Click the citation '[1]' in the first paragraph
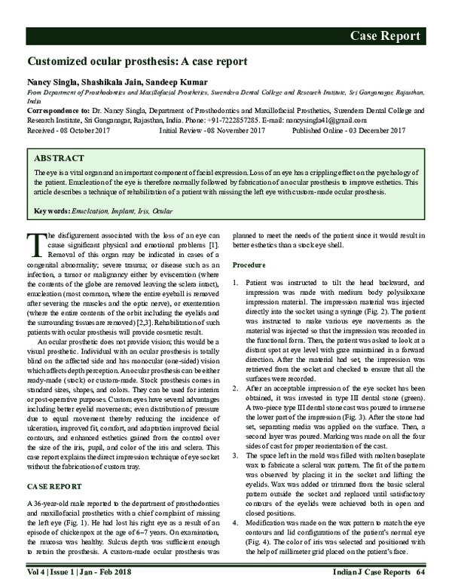click(x=215, y=247)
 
